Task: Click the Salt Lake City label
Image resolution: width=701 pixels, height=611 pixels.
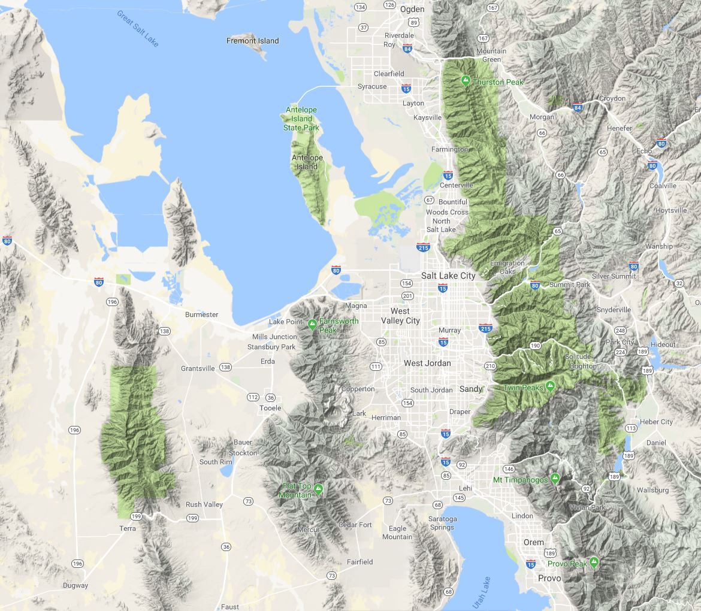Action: (448, 276)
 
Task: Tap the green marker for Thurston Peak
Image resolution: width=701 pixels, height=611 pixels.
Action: (465, 80)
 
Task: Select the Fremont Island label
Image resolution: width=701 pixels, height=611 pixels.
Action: (253, 41)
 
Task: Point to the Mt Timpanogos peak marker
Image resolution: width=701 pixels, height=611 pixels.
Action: (555, 479)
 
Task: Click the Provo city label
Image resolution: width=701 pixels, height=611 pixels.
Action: (549, 578)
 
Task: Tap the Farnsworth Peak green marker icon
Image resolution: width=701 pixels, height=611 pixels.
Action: (312, 325)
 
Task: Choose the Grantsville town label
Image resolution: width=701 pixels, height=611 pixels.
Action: (198, 368)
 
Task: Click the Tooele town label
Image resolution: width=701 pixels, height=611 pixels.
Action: (270, 408)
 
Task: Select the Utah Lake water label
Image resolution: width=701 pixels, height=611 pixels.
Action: (481, 592)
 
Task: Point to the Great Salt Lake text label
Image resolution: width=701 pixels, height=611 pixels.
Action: (138, 28)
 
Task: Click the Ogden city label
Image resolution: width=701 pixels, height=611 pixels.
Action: (412, 9)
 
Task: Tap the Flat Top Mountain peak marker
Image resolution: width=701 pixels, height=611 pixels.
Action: (318, 489)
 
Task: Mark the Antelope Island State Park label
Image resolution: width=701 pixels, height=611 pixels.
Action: (301, 119)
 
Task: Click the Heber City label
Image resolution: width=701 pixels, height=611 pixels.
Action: (656, 422)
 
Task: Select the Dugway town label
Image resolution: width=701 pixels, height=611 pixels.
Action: (75, 585)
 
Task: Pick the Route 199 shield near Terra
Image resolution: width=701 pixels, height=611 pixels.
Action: (136, 516)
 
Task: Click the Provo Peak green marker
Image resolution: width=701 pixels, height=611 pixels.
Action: (594, 562)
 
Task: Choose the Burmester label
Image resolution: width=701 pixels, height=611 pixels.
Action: (201, 314)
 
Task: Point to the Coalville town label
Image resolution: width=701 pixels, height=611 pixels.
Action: (663, 186)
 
